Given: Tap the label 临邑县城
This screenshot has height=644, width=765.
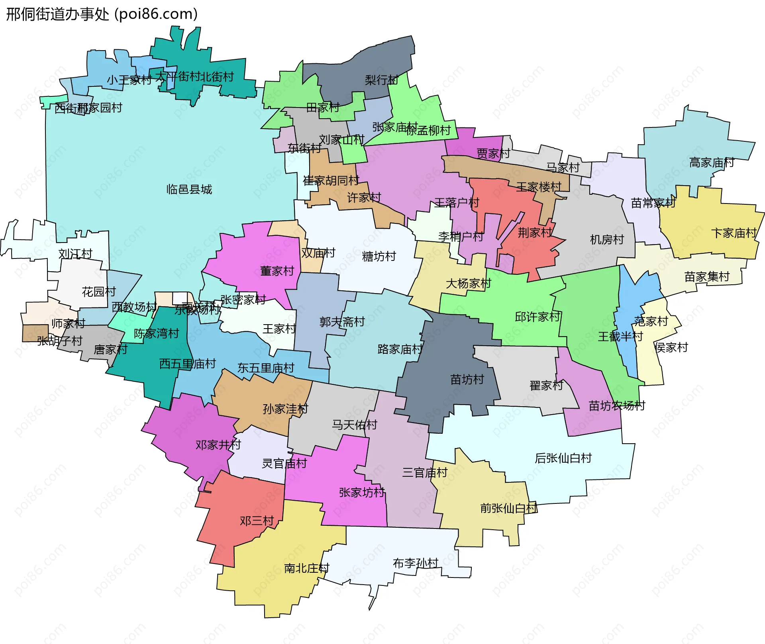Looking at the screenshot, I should (x=189, y=189).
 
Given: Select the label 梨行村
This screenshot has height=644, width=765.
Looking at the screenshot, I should (x=381, y=80).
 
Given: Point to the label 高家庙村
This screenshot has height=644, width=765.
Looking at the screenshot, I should (x=712, y=162).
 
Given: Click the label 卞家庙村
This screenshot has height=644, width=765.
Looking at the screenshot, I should (x=734, y=233).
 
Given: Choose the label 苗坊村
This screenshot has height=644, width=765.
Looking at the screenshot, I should (x=467, y=379).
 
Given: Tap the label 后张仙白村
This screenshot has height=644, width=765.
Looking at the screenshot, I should (x=563, y=458).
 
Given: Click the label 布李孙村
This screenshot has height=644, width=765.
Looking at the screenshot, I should (x=415, y=563).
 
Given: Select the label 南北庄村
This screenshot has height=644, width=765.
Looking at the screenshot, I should (x=306, y=568).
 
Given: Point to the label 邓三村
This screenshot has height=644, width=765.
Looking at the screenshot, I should (x=257, y=521).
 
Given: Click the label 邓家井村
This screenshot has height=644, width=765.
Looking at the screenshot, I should (x=218, y=444).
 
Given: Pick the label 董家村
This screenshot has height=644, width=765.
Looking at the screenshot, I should (x=277, y=271).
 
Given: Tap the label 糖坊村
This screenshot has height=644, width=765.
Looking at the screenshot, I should (x=379, y=256).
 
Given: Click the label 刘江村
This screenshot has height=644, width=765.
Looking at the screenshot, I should (x=75, y=253).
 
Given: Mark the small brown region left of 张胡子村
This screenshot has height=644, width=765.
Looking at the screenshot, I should (x=35, y=333).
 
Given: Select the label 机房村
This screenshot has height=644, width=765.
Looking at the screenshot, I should (x=606, y=239).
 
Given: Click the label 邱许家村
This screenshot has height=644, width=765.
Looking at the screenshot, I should (x=537, y=317).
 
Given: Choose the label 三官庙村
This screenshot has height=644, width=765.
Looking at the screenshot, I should (x=425, y=473).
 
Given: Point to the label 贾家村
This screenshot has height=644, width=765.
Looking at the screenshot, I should (x=493, y=153).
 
